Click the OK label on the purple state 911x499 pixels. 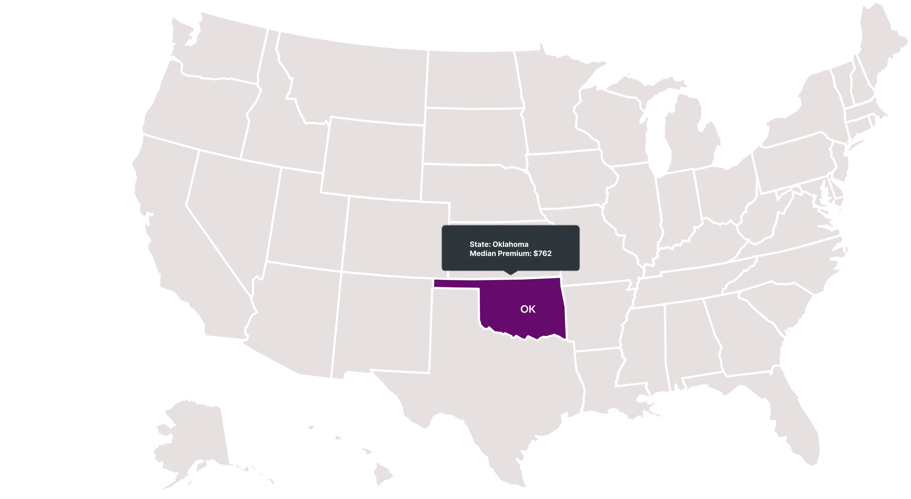click(528, 309)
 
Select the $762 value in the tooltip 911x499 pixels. click(542, 253)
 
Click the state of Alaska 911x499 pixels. click(194, 442)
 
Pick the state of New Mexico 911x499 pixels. click(382, 322)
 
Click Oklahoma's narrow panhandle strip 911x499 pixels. click(456, 283)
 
